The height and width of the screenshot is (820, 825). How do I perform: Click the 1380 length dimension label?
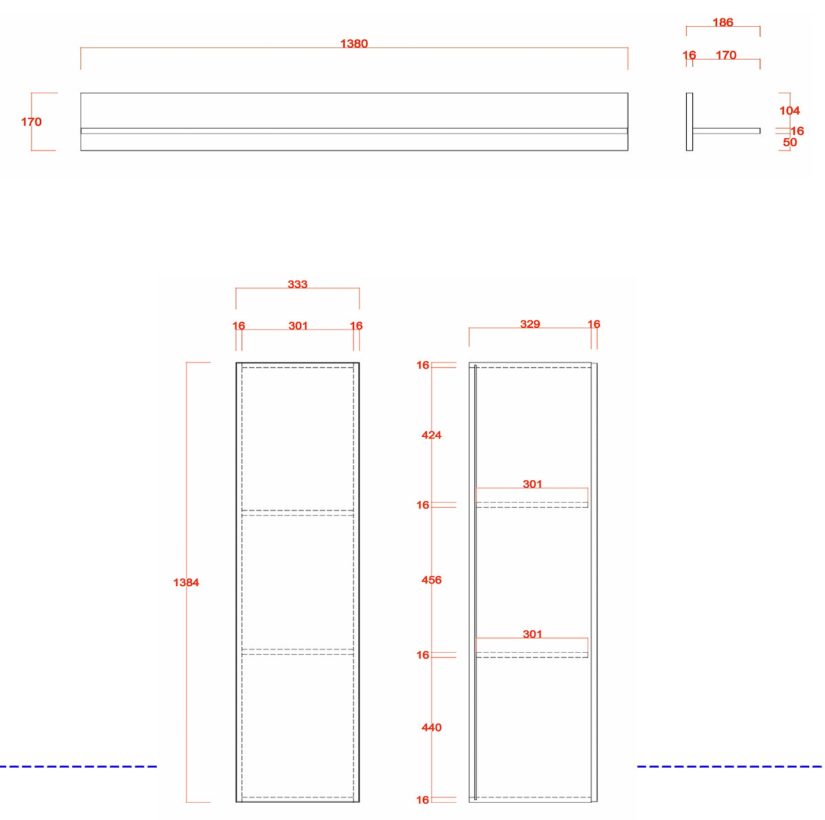coord(353,44)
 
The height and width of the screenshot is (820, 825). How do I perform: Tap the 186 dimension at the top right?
coord(723,22)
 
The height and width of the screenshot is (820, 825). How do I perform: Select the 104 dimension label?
coord(789,111)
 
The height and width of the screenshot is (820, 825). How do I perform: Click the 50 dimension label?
coord(789,142)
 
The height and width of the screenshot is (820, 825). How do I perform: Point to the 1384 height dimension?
coord(186,582)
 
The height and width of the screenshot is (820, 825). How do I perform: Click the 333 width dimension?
coord(297,284)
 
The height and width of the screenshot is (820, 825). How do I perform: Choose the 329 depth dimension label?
coord(529,324)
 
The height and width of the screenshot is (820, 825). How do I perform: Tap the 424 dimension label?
coord(431,435)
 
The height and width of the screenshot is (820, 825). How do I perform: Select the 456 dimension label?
coord(431,580)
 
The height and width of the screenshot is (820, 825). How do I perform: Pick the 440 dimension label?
coord(431,727)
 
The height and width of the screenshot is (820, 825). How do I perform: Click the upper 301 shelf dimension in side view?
coord(532,484)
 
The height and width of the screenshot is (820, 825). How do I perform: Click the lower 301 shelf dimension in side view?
coord(532,634)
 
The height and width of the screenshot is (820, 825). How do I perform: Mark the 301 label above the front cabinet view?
coord(298,325)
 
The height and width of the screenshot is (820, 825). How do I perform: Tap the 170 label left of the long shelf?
coord(31,122)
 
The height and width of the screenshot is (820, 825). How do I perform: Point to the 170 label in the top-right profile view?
coord(726,55)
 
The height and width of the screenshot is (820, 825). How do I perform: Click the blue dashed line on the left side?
coord(78,766)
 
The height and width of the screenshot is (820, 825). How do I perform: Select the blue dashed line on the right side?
coord(729,766)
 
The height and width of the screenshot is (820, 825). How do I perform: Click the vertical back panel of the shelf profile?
coord(689,122)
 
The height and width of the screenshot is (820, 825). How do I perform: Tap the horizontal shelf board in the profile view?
coord(726,131)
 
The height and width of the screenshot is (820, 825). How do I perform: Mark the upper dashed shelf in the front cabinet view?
coord(297,512)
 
